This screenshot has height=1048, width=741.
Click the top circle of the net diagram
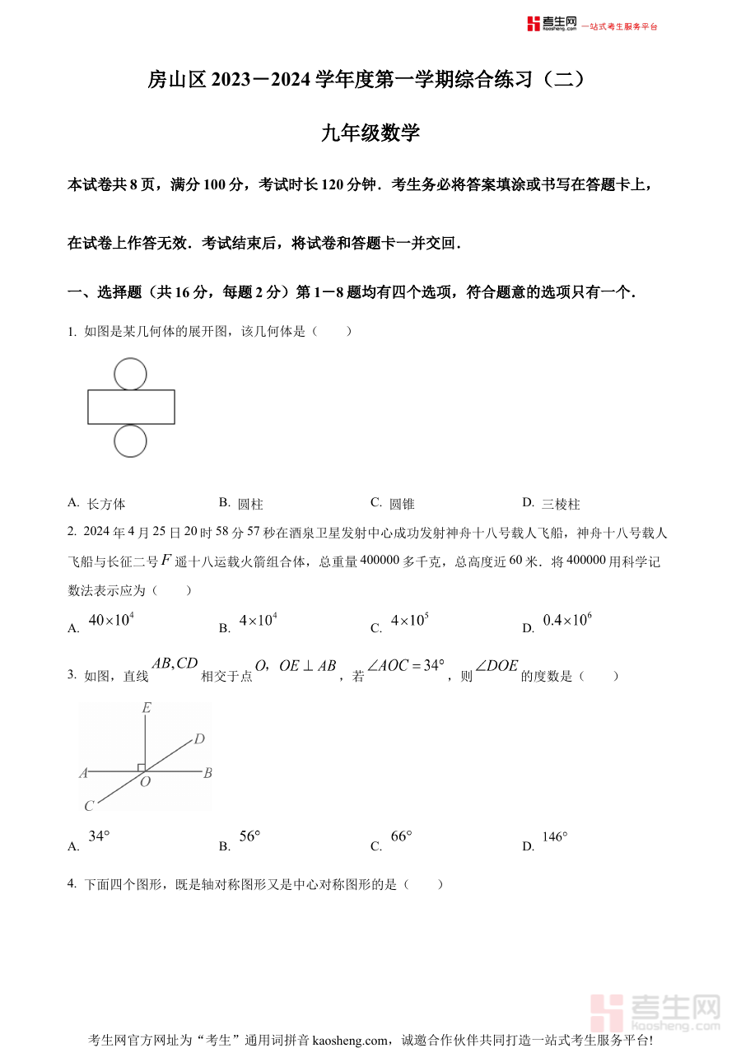pos(130,374)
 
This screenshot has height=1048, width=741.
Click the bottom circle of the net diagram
pos(130,440)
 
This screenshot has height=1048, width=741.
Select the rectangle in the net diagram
pos(131,407)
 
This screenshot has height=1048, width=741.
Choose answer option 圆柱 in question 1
pos(250,504)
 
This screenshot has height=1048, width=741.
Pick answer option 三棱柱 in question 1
pos(561,504)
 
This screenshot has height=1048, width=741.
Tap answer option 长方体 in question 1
pos(106,504)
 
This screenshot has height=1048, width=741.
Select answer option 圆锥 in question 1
pos(402,504)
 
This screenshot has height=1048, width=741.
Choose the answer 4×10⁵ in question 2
pos(409,621)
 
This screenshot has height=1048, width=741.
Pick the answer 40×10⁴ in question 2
pos(110,621)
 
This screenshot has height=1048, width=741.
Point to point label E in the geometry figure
pos(146,708)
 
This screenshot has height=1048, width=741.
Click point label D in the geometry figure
pos(199,739)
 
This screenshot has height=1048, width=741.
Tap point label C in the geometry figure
pos(89,806)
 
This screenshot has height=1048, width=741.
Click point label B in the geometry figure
pos(208,773)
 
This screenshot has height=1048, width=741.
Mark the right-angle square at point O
pos(142,767)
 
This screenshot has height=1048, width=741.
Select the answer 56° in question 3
pos(249,836)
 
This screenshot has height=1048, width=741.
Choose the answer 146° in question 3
pos(555,837)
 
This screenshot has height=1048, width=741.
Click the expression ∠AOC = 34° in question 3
pos(406,665)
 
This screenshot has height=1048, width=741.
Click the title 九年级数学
pos(370,133)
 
